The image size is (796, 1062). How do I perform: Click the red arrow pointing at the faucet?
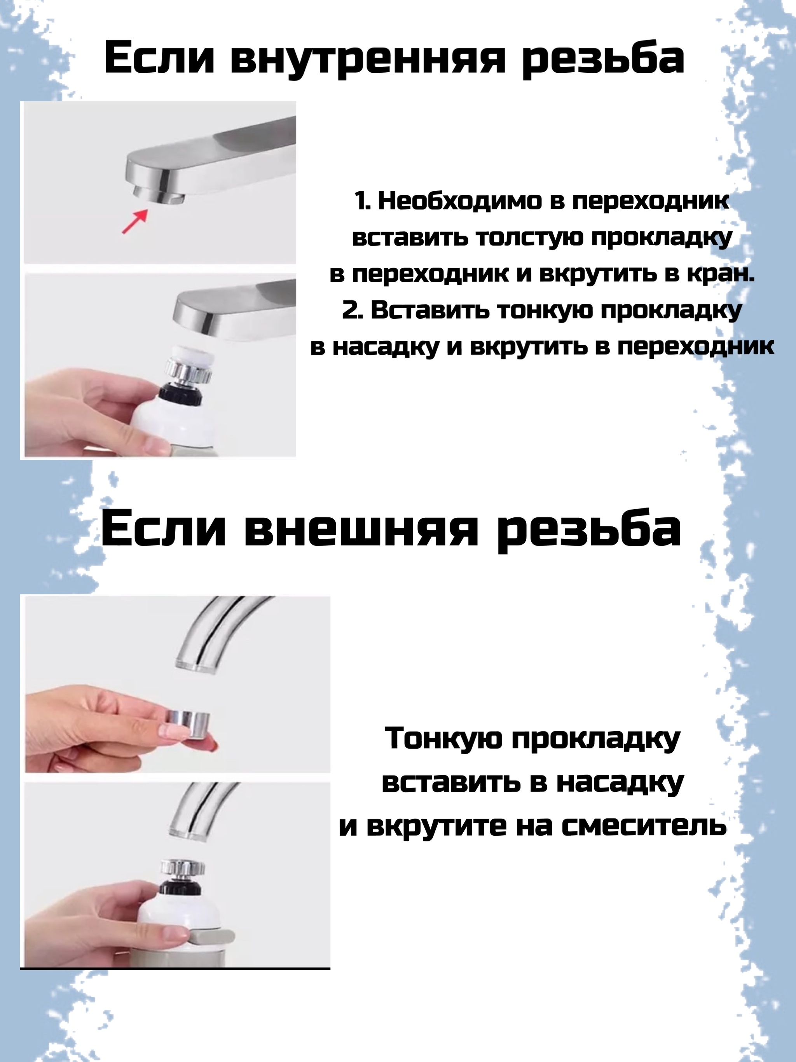[134, 221]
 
